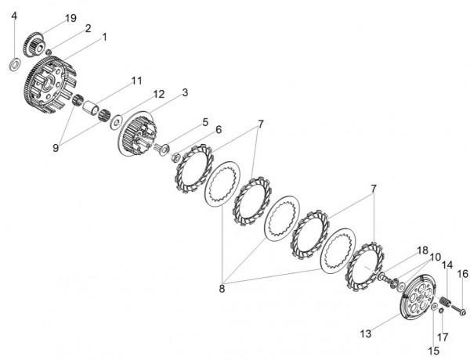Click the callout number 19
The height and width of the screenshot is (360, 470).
click(70, 18)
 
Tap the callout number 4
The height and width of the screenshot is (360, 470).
click(14, 16)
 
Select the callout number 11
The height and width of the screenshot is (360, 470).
click(136, 81)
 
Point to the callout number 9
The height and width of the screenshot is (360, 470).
click(56, 148)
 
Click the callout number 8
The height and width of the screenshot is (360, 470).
click(222, 289)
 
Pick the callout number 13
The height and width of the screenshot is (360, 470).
click(366, 333)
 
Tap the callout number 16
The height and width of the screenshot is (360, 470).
click(462, 273)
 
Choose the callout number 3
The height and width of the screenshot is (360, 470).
click(185, 92)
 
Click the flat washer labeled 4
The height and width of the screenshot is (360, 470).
click(15, 65)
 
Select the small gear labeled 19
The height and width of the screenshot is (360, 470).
click(34, 45)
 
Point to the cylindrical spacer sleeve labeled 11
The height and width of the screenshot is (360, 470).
click(91, 107)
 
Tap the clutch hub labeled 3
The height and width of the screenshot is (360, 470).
click(136, 134)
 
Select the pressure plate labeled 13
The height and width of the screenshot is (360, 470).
click(418, 297)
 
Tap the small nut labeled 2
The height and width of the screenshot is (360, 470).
click(49, 52)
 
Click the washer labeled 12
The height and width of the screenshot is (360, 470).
click(116, 121)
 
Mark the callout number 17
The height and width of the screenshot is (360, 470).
click(443, 337)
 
